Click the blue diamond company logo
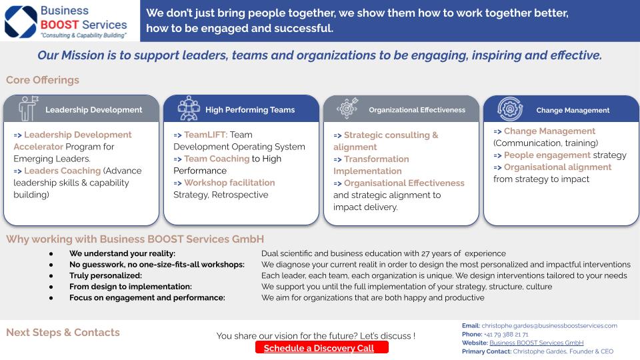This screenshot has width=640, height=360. click(x=21, y=21)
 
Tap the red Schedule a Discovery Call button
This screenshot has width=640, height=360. click(x=321, y=348)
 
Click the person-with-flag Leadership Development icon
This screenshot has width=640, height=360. click(x=28, y=108)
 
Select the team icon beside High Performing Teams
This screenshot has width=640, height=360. click(x=189, y=108)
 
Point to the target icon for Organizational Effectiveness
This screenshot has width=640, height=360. click(x=347, y=108)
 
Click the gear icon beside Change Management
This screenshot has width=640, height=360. click(x=510, y=109)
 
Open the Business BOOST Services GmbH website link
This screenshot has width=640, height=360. click(x=536, y=343)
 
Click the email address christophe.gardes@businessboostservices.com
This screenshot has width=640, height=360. click(x=549, y=326)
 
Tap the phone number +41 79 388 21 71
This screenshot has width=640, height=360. click(x=506, y=334)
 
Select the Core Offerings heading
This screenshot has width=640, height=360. click(x=43, y=80)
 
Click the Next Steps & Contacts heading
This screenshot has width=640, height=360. click(x=63, y=332)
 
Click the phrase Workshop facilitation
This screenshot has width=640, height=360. click(x=229, y=183)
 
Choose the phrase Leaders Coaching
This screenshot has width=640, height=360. click(x=63, y=171)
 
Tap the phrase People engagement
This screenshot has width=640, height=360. click(x=547, y=155)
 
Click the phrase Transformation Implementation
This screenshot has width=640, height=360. click(x=371, y=165)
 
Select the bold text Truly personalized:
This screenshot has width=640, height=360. click(x=106, y=275)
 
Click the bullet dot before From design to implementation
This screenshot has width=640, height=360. click(x=51, y=287)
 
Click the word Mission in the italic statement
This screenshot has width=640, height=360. click(x=83, y=55)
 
